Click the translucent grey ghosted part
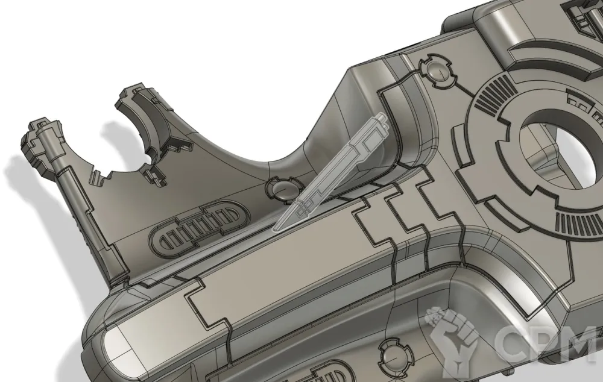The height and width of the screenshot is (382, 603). point(330,172)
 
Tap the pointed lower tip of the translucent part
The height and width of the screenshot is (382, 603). point(273,231)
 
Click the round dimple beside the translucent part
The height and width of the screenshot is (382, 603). point(283,189)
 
